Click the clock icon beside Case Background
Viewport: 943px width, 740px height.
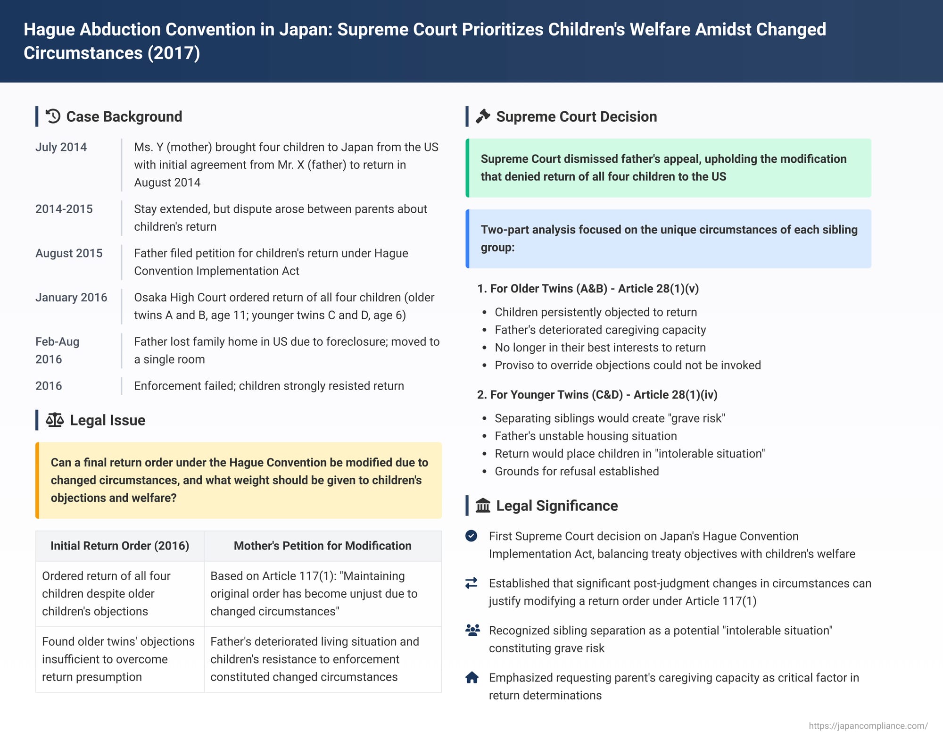pyautogui.click(x=53, y=116)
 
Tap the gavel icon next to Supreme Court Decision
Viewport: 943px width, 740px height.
pyautogui.click(x=483, y=116)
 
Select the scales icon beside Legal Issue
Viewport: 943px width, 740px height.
pyautogui.click(x=55, y=420)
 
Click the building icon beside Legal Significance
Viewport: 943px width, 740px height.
pyautogui.click(x=483, y=506)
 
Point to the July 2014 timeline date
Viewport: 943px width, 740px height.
pyautogui.click(x=61, y=147)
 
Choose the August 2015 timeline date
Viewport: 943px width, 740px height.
pyautogui.click(x=69, y=253)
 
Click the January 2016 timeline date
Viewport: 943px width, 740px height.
pyautogui.click(x=71, y=298)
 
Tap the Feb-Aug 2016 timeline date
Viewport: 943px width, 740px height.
pyautogui.click(x=57, y=350)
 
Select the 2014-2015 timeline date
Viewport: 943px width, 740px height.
pyautogui.click(x=64, y=209)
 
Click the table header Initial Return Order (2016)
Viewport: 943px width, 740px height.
pyautogui.click(x=120, y=546)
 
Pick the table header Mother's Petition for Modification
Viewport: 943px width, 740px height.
pyautogui.click(x=323, y=546)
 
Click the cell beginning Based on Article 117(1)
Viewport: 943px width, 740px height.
pyautogui.click(x=314, y=593)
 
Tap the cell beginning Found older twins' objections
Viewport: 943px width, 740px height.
pyautogui.click(x=118, y=659)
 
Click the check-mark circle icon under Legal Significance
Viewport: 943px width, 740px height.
pyautogui.click(x=471, y=536)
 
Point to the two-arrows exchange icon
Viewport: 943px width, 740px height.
pyautogui.click(x=471, y=583)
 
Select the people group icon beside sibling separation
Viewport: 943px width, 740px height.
pyautogui.click(x=472, y=630)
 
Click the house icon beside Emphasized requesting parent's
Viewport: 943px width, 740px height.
pyautogui.click(x=471, y=678)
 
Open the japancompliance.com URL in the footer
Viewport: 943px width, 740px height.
pyautogui.click(x=868, y=726)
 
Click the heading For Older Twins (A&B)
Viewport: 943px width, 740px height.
pyautogui.click(x=588, y=289)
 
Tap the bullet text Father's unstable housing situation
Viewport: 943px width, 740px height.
pyautogui.click(x=586, y=436)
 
